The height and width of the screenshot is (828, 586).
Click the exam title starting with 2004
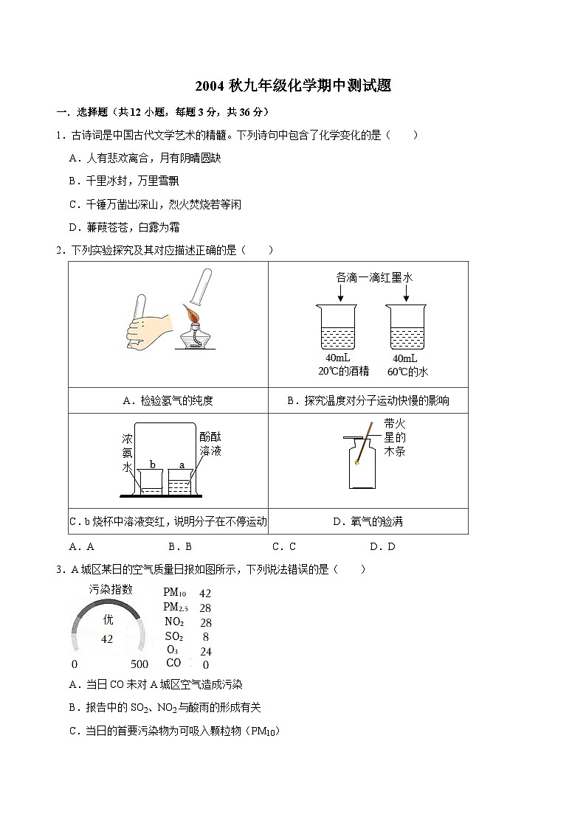[293, 86]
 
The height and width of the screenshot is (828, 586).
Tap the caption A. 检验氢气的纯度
[168, 401]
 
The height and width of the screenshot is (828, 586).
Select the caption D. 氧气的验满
[368, 522]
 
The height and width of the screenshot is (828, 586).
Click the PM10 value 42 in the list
[205, 593]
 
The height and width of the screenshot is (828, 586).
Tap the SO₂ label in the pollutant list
[174, 636]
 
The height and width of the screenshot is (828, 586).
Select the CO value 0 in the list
[205, 664]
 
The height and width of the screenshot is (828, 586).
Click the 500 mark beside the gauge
[139, 664]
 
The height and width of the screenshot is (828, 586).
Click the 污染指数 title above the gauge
[111, 589]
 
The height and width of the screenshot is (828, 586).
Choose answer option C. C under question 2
[284, 547]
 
